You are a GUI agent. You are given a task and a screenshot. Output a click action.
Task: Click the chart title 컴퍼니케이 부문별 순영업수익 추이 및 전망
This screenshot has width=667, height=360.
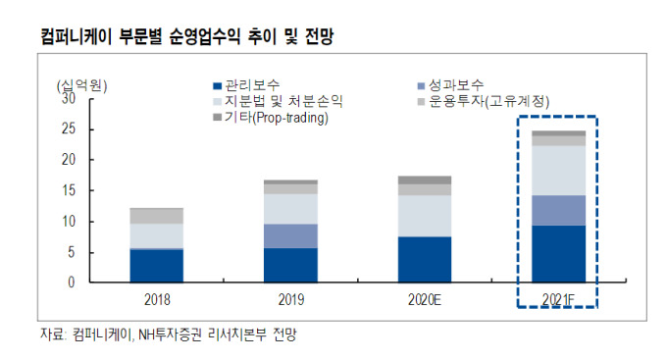coord(187,36)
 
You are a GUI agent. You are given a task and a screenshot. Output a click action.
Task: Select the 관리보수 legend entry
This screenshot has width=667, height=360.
coord(246,85)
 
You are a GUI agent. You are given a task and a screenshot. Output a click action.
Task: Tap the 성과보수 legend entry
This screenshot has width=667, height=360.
coord(450,85)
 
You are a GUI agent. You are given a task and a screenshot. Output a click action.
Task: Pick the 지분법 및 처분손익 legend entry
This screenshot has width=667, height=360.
coord(278,101)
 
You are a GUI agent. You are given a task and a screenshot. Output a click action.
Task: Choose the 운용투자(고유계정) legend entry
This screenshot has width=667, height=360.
coord(484,101)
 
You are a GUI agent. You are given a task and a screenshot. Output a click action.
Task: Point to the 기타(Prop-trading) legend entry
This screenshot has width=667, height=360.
coord(271,117)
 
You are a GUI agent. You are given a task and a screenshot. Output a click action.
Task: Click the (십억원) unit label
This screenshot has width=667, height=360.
coord(81,86)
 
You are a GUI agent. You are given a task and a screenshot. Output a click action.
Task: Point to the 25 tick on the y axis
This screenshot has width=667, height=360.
coord(69,129)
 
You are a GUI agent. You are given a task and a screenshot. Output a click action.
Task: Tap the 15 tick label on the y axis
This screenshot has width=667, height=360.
coord(69,190)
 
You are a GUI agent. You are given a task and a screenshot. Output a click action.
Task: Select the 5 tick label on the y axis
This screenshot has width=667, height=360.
coord(72,252)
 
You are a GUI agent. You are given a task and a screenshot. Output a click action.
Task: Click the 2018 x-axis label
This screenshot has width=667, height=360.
coord(157,299)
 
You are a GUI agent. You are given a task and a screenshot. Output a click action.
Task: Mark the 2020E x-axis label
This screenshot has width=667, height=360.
coord(425,299)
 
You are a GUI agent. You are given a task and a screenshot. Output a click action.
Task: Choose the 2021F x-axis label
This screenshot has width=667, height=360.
coord(558,299)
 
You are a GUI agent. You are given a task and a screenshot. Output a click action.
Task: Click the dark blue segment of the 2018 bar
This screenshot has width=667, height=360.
coord(157,266)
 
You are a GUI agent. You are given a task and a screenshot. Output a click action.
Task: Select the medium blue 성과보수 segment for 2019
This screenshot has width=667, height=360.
coord(290,236)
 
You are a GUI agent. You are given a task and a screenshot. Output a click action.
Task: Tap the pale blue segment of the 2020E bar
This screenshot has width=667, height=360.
coord(425,216)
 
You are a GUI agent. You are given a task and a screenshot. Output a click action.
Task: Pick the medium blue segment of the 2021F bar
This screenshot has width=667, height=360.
coord(558,211)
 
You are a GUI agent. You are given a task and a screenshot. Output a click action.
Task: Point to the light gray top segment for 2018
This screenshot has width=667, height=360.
coord(157,216)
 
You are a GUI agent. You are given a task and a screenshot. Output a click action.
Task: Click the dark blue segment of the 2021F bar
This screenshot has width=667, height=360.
coord(558,254)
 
